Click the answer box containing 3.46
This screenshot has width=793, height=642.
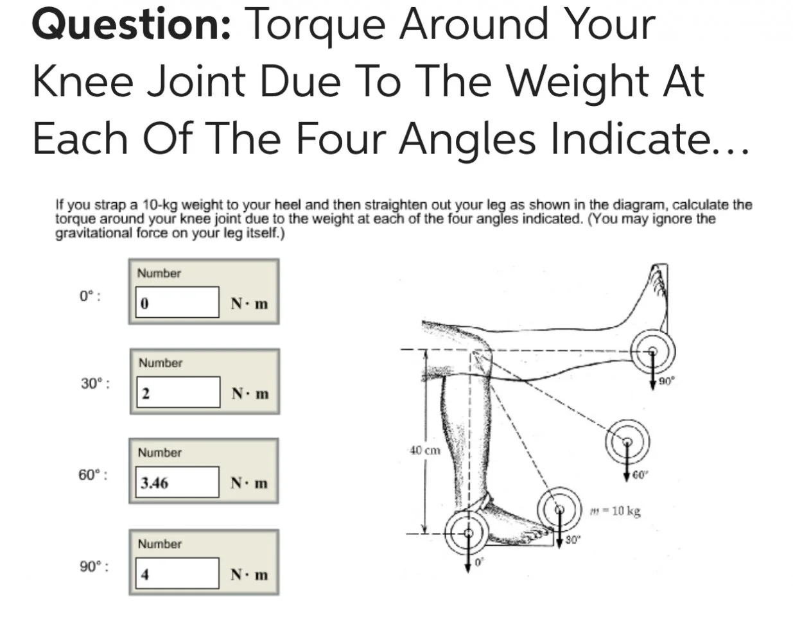pyautogui.click(x=177, y=482)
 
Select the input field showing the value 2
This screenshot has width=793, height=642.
pyautogui.click(x=179, y=392)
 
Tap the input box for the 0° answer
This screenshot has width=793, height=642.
pyautogui.click(x=177, y=302)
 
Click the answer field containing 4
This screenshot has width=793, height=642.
pyautogui.click(x=177, y=573)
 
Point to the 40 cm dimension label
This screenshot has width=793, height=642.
pyautogui.click(x=425, y=450)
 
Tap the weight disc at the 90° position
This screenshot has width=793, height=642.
pyautogui.click(x=652, y=351)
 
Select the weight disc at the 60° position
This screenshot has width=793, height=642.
pyautogui.click(x=628, y=442)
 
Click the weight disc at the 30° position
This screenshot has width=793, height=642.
pyautogui.click(x=559, y=508)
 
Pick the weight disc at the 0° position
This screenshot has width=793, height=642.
pyautogui.click(x=468, y=534)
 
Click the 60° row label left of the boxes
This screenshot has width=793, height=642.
pyautogui.click(x=93, y=475)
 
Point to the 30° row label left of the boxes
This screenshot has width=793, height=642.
pyautogui.click(x=95, y=383)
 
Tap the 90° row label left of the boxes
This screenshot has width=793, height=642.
pyautogui.click(x=94, y=566)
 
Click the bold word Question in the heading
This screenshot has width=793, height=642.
pyautogui.click(x=132, y=24)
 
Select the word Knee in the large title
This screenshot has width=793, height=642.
pyautogui.click(x=83, y=81)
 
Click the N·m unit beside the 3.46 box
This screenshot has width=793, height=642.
pyautogui.click(x=249, y=483)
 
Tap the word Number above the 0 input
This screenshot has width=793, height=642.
pyautogui.click(x=159, y=273)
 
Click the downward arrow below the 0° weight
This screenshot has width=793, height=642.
pyautogui.click(x=468, y=553)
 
